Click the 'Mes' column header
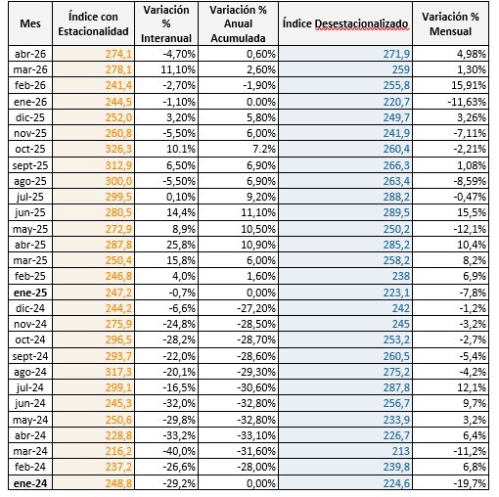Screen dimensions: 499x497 (x=30, y=23)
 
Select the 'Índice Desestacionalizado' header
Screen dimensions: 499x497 (x=345, y=23)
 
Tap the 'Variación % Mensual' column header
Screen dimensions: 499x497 (x=450, y=23)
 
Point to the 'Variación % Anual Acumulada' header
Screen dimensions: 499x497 (x=238, y=23)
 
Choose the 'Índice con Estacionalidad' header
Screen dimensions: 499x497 (x=93, y=23)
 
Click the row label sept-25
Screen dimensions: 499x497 (x=30, y=165)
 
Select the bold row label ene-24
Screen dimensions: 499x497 (x=30, y=483)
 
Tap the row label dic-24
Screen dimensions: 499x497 (x=30, y=308)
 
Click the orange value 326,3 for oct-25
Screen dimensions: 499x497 (x=118, y=149)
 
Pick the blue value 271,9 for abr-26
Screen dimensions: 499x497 (x=396, y=54)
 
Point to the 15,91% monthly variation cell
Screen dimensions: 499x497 (x=469, y=85)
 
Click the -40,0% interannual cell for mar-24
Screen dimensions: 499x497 (x=179, y=451)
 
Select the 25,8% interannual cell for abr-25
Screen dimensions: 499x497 (x=181, y=245)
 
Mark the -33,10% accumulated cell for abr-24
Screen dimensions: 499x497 (x=256, y=435)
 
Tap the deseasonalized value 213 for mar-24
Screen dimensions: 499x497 (x=400, y=451)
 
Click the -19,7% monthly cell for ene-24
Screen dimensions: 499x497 (x=470, y=483)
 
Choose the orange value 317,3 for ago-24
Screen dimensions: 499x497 (x=118, y=372)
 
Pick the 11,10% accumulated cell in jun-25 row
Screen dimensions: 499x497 (x=258, y=212)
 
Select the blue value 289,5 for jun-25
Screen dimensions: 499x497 (x=396, y=212)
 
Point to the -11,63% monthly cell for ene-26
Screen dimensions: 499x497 (x=467, y=102)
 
